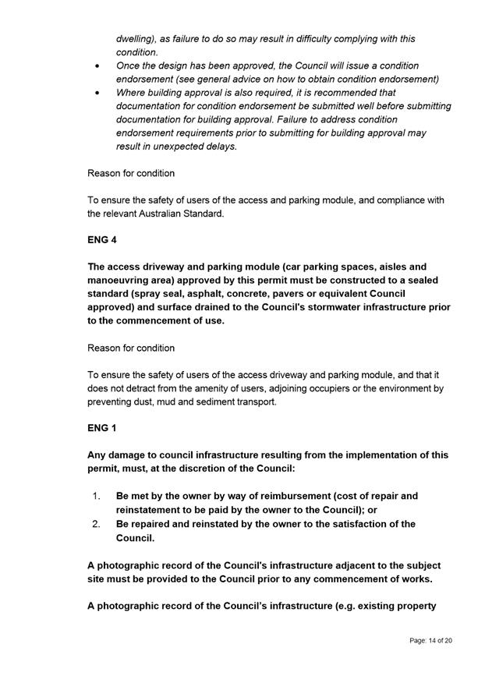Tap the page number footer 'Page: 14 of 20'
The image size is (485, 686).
tap(430, 640)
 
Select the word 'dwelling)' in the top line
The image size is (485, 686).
tap(136, 38)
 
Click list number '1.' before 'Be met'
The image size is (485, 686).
tap(97, 496)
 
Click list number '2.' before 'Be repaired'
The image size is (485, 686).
tap(97, 524)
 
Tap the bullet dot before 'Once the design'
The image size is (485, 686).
tap(97, 66)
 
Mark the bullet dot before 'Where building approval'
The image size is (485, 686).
tap(97, 93)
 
